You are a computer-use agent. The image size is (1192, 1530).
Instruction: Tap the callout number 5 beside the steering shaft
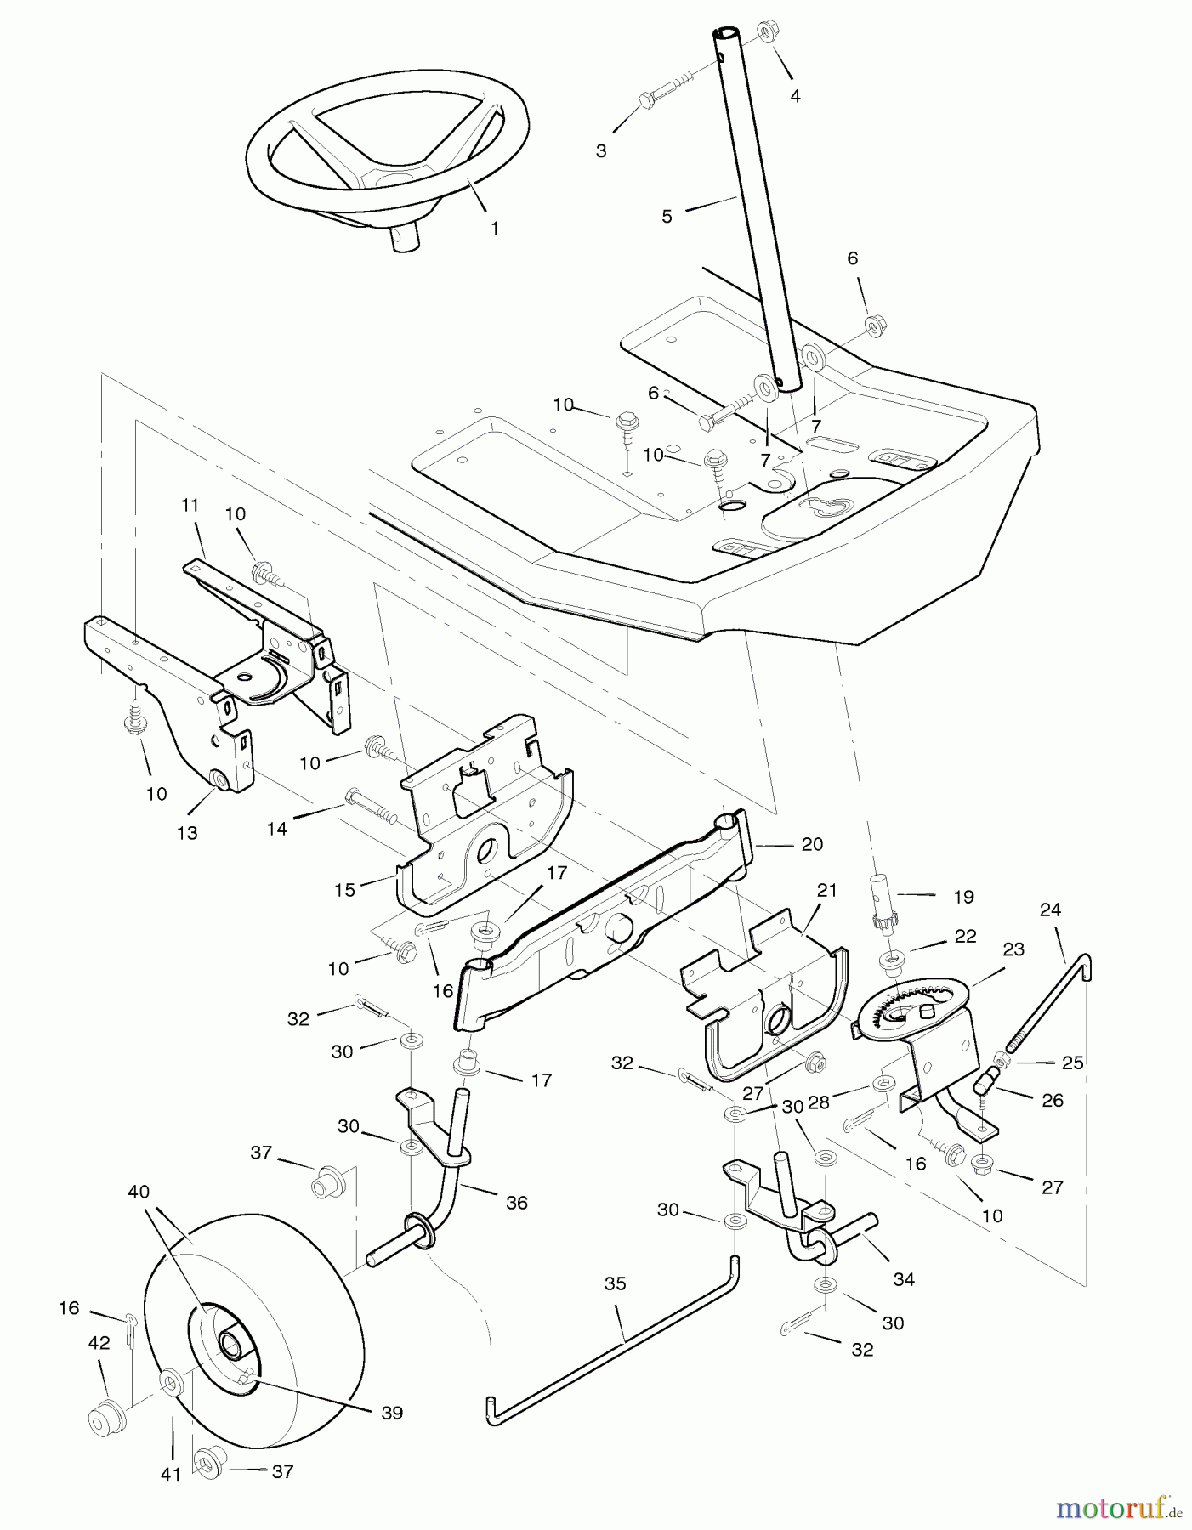point(667,217)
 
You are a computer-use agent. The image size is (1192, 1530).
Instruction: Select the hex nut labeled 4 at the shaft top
point(763,32)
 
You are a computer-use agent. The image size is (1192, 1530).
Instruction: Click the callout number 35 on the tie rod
point(615,1283)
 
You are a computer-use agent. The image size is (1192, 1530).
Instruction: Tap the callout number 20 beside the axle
point(812,844)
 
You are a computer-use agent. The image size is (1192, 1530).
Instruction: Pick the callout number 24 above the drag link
point(1050,909)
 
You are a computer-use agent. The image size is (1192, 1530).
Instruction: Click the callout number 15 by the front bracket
point(344,889)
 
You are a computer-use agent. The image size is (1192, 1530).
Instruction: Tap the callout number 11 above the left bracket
point(189,505)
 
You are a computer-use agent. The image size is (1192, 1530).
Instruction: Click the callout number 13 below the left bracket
point(187,833)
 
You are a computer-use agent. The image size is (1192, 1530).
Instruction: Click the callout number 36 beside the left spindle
point(516,1203)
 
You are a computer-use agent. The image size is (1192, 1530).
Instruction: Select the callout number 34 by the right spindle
point(904,1279)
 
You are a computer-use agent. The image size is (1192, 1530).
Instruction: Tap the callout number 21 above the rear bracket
point(826,890)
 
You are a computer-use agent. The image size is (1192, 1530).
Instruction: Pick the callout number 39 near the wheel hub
point(392,1413)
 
